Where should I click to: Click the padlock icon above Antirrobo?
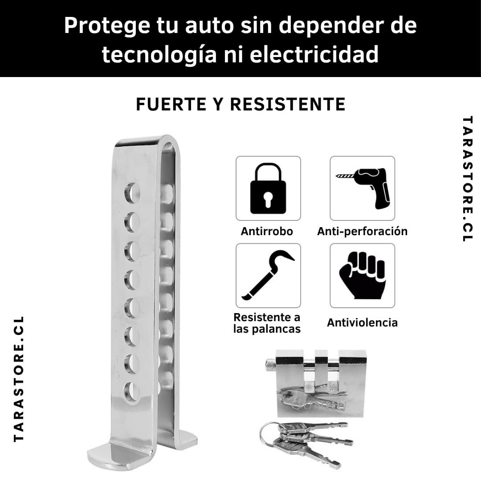pos(268,188)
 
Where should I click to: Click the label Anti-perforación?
pos(362,231)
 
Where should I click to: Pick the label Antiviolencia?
pos(362,322)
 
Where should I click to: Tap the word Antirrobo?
pos(267,231)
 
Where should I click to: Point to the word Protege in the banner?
pos(107,26)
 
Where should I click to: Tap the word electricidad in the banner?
pos(314,54)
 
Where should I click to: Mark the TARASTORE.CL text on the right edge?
pos(468,179)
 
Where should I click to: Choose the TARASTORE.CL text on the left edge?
pos(19,379)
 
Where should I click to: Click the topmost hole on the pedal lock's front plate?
pos(132,193)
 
